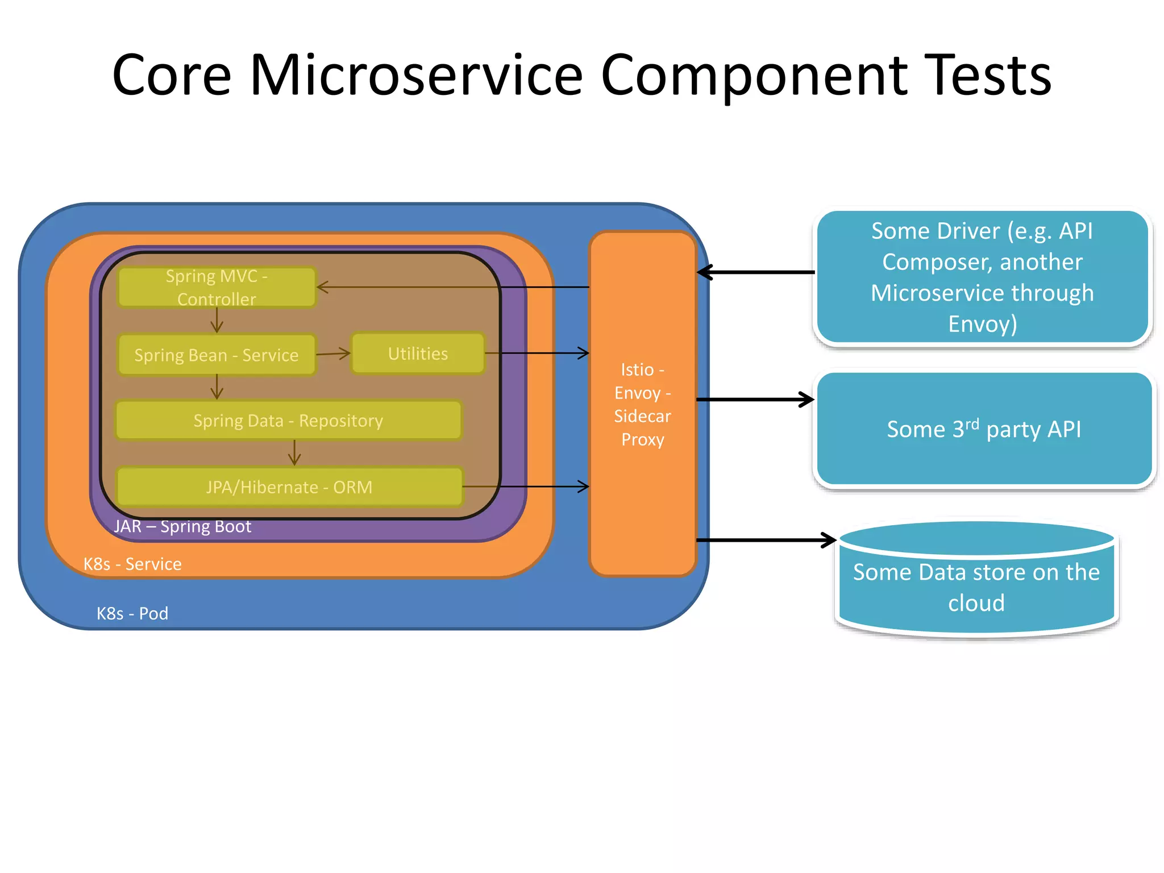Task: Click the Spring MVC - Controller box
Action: (217, 287)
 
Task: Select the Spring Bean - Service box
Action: (217, 355)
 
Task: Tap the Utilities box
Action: (418, 354)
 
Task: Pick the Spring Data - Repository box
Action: (288, 421)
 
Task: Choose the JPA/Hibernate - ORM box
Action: (289, 487)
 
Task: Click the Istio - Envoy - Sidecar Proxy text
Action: (642, 404)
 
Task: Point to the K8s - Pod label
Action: (132, 613)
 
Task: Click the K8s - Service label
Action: (132, 564)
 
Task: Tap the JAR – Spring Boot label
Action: (182, 526)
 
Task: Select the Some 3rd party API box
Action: (984, 429)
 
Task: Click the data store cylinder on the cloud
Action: (976, 585)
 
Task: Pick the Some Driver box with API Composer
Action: (982, 277)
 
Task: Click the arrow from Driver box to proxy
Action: (756, 272)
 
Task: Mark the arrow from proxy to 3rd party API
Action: (756, 400)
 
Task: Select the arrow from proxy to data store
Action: (764, 540)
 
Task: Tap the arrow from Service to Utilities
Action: (333, 354)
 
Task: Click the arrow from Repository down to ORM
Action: (294, 453)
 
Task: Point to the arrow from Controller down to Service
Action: (217, 321)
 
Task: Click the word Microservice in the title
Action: (416, 75)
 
